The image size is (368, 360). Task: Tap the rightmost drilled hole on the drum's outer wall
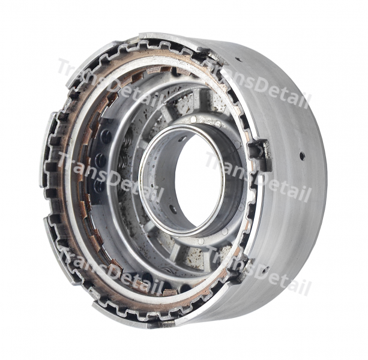[x=302, y=156]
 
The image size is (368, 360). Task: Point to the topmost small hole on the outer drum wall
[x=239, y=59]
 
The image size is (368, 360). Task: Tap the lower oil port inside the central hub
[x=173, y=209]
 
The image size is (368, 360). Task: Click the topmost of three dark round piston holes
[x=106, y=138]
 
